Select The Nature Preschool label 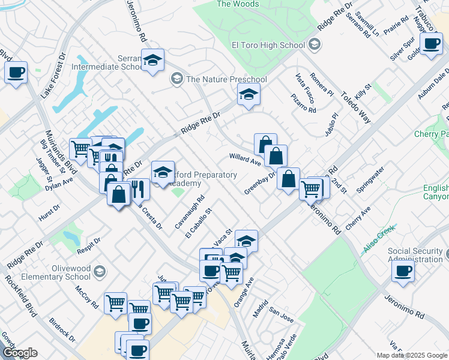click(x=226, y=79)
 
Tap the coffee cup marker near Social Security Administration click(x=403, y=270)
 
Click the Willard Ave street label click(x=245, y=159)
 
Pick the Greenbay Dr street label click(x=259, y=184)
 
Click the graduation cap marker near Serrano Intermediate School click(x=153, y=60)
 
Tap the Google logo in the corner click(x=19, y=353)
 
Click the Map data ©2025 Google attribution click(x=412, y=355)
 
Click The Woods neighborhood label click(x=238, y=4)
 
